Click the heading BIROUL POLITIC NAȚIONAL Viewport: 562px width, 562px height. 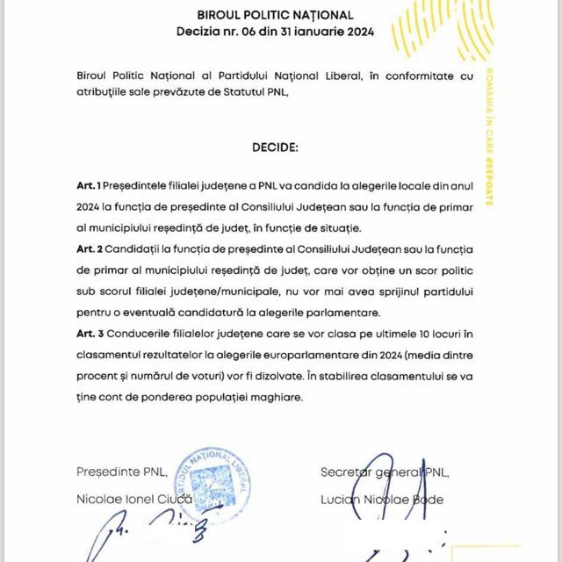click(276, 15)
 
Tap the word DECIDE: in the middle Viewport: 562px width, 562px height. click(277, 143)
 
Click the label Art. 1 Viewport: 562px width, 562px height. click(88, 186)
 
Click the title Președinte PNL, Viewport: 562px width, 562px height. click(115, 472)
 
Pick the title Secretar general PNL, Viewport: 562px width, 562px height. click(385, 472)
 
